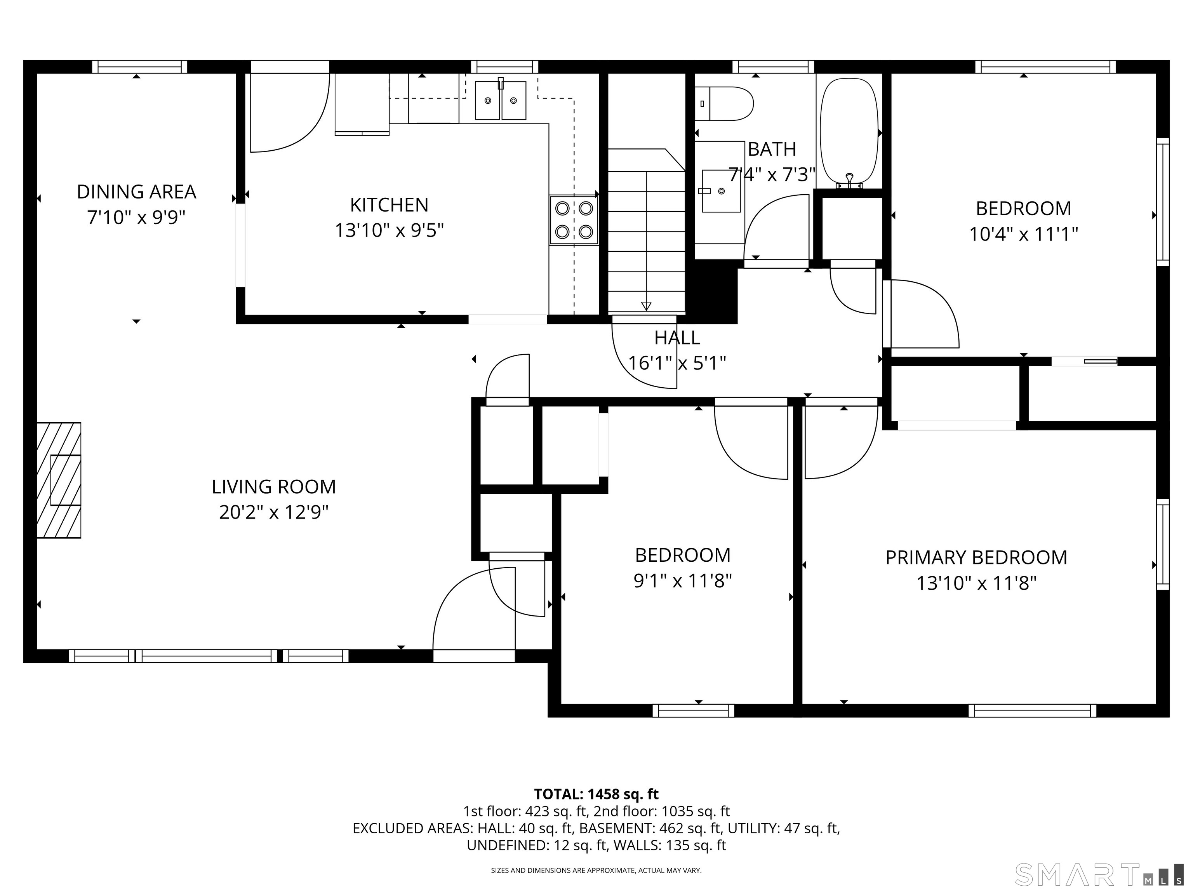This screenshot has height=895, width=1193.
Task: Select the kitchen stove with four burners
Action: coord(574,220)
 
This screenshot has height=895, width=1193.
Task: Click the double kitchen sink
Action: coord(501,100)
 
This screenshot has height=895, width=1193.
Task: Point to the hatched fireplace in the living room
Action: coord(59,480)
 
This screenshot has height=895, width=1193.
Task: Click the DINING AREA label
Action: coord(136,192)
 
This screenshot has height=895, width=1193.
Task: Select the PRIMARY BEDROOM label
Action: coord(976,558)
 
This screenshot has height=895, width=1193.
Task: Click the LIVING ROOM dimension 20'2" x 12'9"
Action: coord(274,512)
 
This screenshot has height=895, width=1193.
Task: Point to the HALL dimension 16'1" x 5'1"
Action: coord(677,363)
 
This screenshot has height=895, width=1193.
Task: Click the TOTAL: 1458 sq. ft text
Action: coord(596,794)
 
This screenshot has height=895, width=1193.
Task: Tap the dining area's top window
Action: coord(139,67)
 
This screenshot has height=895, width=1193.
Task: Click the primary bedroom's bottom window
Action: coord(1032,710)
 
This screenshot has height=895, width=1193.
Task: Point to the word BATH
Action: coord(772,149)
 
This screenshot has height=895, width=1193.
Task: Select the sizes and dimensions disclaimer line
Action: coord(596,870)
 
